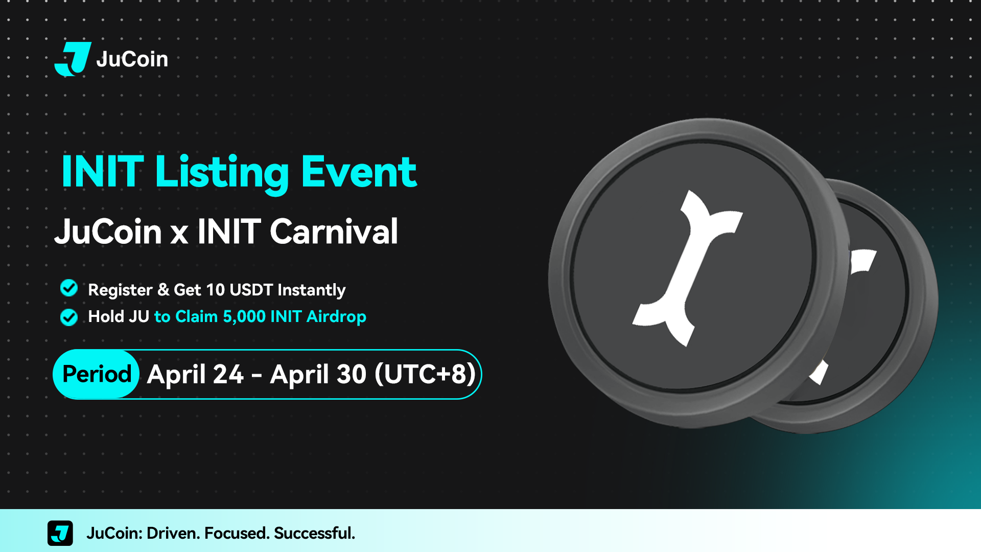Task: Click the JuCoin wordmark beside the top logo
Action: click(x=132, y=59)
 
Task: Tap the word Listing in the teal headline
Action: click(x=222, y=173)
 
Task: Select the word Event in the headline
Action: click(x=359, y=172)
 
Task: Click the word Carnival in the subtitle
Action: click(x=334, y=232)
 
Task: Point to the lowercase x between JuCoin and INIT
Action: click(x=179, y=236)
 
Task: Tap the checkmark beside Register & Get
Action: click(x=69, y=288)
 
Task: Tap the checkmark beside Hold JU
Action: click(x=69, y=317)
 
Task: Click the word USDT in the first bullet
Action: click(x=251, y=290)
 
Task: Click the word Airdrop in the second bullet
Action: click(x=336, y=317)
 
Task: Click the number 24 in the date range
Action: click(x=228, y=374)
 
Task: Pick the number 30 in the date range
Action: click(x=352, y=374)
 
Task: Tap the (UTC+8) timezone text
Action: click(x=425, y=374)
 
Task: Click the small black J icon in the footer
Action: click(x=60, y=533)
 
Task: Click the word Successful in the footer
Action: click(x=314, y=534)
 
